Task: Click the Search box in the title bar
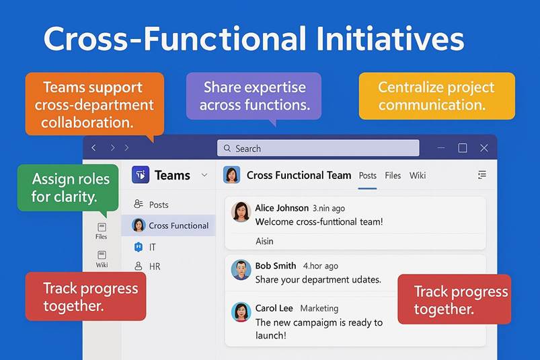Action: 318,148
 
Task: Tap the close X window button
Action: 484,148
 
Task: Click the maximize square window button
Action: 463,148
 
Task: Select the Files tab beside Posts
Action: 393,176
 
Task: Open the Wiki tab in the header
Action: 418,176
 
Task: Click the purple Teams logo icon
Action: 141,175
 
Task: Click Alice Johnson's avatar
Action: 241,211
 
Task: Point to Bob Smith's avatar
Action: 241,269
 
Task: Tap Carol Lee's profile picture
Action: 241,312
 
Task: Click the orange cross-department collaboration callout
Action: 94,104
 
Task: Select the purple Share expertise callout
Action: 254,96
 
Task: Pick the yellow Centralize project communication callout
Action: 436,96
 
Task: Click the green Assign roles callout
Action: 68,188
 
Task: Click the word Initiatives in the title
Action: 390,39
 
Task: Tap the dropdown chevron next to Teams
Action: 204,175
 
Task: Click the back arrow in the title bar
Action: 94,148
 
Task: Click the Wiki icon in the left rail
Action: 102,258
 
